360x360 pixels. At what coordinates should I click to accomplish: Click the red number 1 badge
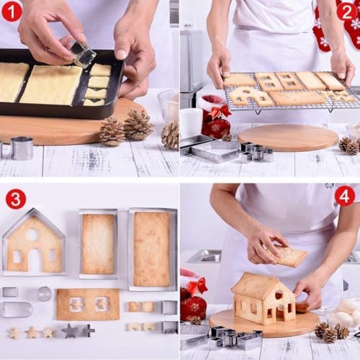click(12, 12)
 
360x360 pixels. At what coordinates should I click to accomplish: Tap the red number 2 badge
click(347, 12)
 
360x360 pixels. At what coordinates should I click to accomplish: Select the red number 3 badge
click(15, 199)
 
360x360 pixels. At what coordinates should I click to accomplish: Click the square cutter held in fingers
click(83, 54)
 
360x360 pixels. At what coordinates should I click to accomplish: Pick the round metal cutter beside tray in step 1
click(21, 148)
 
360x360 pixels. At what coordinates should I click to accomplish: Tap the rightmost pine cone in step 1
click(170, 135)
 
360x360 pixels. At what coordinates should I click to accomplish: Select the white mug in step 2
click(191, 122)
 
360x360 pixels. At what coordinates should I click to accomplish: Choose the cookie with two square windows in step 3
click(88, 304)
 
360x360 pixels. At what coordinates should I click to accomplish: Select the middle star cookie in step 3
click(31, 333)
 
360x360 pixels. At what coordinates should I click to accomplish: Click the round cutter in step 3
click(45, 293)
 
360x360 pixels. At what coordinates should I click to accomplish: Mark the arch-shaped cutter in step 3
click(17, 310)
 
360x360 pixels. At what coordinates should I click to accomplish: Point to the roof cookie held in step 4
click(290, 256)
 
